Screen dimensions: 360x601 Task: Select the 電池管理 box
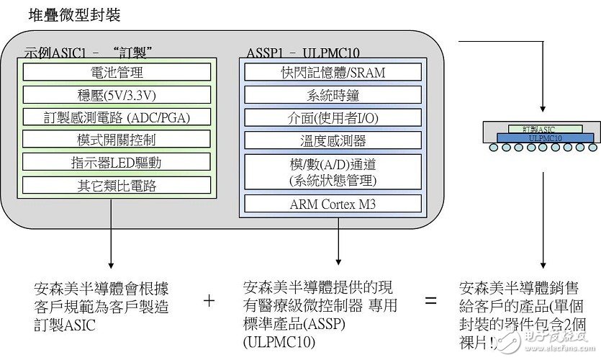click(117, 72)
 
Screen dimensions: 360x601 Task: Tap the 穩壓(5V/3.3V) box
click(117, 94)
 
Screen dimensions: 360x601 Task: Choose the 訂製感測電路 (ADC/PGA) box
click(117, 117)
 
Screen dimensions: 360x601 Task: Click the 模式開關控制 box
click(117, 139)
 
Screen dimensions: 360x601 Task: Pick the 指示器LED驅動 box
click(117, 161)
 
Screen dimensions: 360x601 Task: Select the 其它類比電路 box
click(117, 184)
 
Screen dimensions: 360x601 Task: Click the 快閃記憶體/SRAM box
click(333, 72)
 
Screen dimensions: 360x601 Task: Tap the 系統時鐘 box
click(333, 94)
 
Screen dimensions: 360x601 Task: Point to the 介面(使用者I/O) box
click(333, 117)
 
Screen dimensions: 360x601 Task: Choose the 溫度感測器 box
click(333, 140)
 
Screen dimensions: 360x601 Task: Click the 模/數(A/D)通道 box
click(333, 171)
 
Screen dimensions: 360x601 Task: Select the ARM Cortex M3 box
click(333, 204)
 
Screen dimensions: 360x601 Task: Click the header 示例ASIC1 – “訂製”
click(91, 52)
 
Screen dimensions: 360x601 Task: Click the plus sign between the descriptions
click(209, 301)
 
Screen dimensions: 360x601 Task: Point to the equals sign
click(430, 301)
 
